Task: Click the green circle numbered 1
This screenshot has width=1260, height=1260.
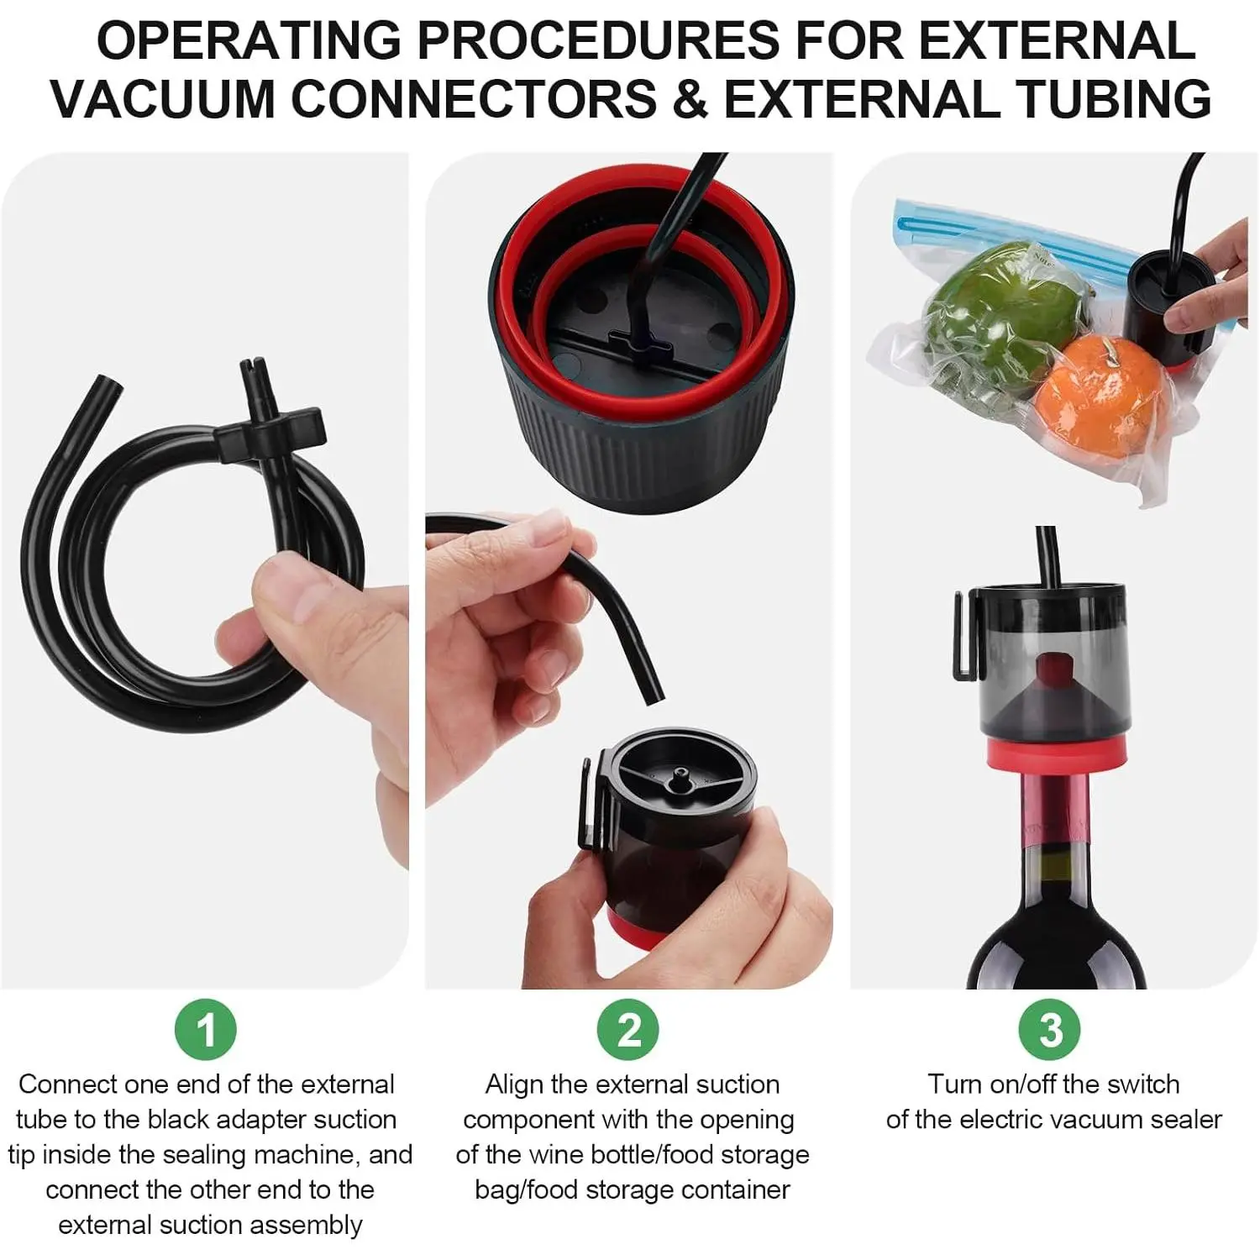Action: coord(206,1030)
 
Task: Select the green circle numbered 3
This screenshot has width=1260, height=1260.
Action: coord(1051,1030)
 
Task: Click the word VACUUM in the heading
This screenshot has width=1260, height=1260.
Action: coord(165,98)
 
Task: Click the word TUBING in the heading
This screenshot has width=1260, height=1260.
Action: coord(1105,98)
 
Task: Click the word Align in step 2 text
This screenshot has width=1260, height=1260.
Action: coord(514,1084)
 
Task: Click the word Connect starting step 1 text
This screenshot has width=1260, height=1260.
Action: coord(68,1084)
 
